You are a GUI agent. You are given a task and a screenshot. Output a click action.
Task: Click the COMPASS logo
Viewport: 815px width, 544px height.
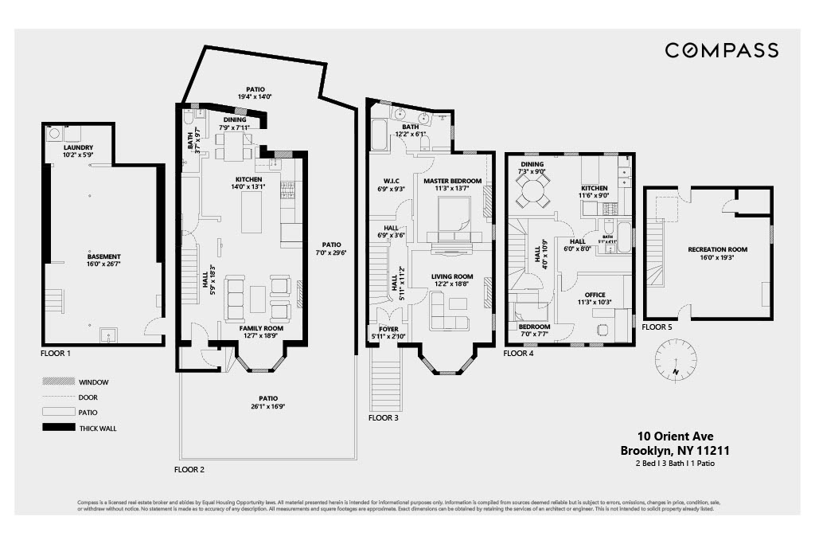pos(721,51)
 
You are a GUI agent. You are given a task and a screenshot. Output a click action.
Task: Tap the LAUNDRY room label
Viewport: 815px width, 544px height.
pos(79,147)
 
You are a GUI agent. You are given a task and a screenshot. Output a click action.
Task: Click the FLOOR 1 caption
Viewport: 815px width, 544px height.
pos(56,352)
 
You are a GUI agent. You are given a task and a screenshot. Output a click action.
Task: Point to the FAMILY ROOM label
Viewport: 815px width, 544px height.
pos(263,328)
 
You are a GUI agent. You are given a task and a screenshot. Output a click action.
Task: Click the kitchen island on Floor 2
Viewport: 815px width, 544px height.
pos(251,212)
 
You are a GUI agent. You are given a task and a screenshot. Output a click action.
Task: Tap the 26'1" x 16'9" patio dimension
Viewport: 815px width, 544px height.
pos(268,405)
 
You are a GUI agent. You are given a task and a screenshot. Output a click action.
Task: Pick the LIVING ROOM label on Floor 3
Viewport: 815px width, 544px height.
pos(452,277)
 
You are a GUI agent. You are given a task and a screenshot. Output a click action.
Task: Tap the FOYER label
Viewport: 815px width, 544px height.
pos(388,328)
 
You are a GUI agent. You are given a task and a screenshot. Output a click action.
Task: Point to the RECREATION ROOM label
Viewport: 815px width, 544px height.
pos(718,249)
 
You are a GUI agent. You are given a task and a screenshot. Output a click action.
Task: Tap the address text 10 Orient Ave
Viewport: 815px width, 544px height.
pos(675,436)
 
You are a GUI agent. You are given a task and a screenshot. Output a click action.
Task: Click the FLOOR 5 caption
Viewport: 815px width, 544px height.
pos(657,327)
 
